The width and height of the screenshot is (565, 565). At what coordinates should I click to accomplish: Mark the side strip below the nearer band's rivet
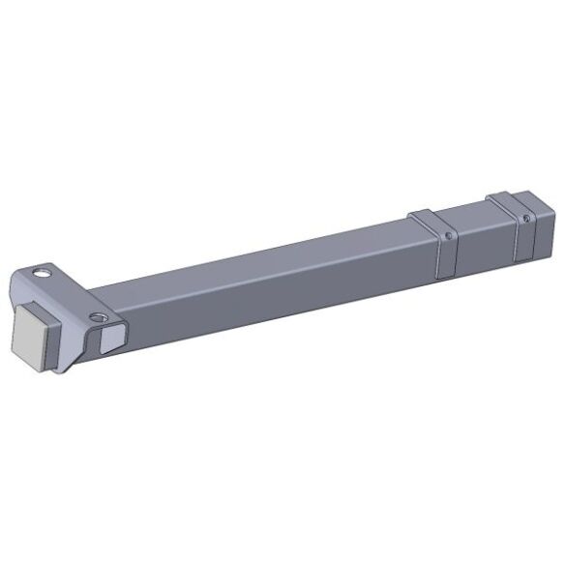(x=446, y=259)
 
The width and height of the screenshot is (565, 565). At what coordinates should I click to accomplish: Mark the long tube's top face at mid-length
(x=261, y=253)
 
